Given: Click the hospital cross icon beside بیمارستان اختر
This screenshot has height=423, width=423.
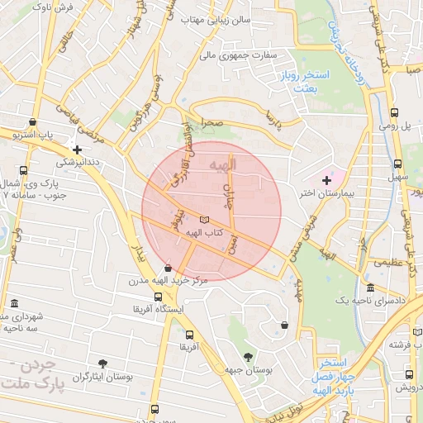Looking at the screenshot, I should (x=326, y=179).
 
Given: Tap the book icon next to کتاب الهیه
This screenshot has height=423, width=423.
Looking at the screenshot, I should (x=205, y=219).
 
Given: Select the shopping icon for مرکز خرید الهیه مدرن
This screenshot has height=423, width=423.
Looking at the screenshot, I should (x=169, y=268).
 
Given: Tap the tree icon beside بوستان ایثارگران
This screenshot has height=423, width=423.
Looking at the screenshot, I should (x=102, y=363).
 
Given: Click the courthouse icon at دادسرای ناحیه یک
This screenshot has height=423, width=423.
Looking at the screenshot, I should (x=369, y=288).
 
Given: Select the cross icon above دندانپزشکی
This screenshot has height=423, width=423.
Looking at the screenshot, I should (x=77, y=150).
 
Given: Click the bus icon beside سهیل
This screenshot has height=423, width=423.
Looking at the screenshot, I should (x=398, y=164).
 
